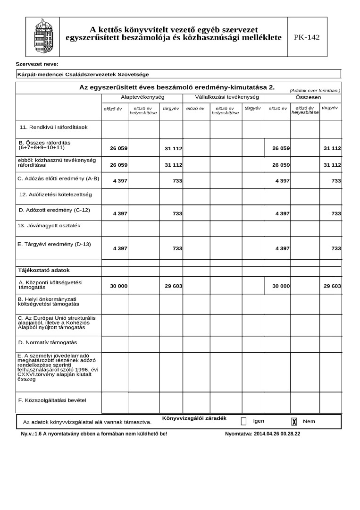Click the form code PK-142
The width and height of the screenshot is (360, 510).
click(x=307, y=37)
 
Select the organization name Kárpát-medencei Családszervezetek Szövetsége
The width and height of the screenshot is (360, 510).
click(x=83, y=74)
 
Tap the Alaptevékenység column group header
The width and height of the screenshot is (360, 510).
click(x=142, y=97)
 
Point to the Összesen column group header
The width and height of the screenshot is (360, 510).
click(x=302, y=97)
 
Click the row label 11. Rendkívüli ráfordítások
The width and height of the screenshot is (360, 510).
click(x=53, y=127)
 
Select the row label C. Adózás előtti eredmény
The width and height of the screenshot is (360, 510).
click(x=59, y=178)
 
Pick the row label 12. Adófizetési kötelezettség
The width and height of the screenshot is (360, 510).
click(x=55, y=194)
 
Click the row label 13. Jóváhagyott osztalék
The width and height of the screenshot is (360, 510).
click(x=49, y=226)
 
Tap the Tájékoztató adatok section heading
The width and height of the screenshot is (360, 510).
click(x=43, y=271)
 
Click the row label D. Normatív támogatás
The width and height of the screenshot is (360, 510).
click(x=47, y=342)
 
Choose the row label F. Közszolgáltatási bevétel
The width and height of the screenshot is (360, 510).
click(x=52, y=400)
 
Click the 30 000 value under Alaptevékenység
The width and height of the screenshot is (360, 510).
click(x=118, y=286)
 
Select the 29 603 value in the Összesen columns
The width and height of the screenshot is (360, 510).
click(x=332, y=286)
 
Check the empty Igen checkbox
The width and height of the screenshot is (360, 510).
click(x=243, y=421)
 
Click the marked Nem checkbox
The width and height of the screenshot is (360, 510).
click(x=294, y=421)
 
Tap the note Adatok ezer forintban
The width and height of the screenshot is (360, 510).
click(x=315, y=90)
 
